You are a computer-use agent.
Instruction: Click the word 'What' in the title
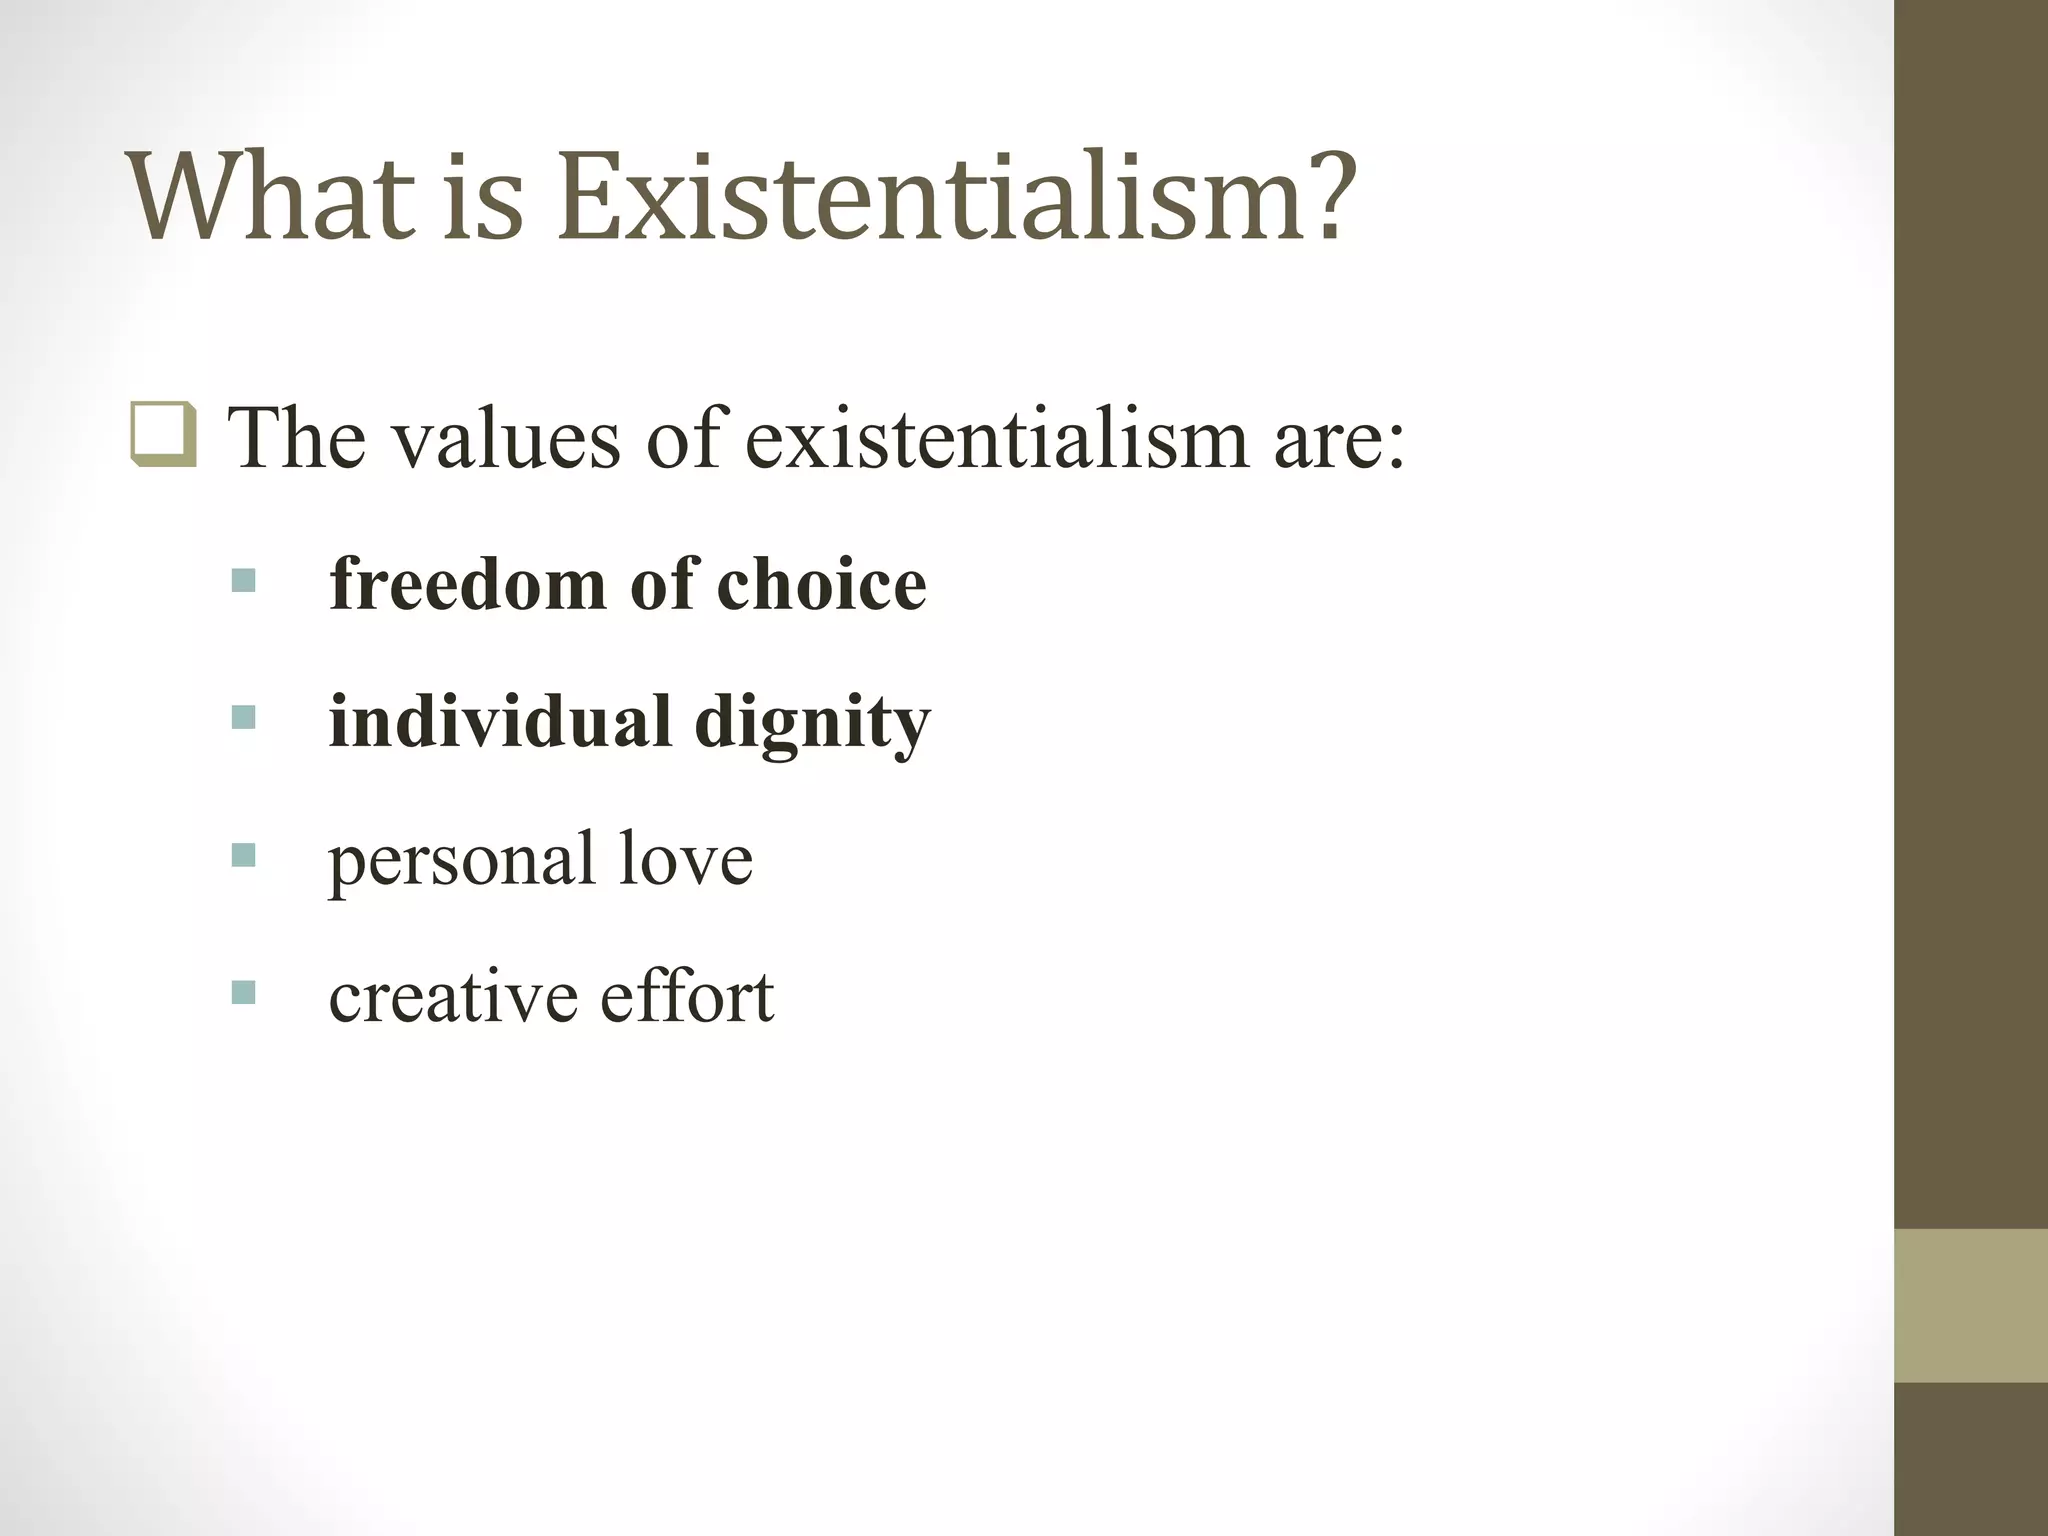click(270, 197)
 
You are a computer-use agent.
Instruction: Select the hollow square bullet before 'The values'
click(163, 435)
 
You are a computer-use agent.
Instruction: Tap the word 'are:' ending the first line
click(1340, 440)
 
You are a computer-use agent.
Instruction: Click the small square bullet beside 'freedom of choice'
click(243, 580)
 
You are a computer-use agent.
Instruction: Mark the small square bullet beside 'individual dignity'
click(243, 717)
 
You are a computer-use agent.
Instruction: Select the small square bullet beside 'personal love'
click(243, 855)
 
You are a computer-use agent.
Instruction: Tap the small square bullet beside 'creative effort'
click(243, 992)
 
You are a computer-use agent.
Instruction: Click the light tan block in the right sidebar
click(1971, 1305)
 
